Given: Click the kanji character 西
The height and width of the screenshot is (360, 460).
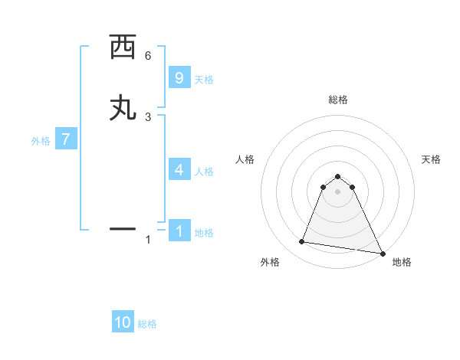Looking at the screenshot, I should [123, 48].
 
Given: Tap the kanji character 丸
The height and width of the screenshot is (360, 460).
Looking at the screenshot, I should [123, 108].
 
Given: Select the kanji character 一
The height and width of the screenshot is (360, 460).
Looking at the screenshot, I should [123, 228].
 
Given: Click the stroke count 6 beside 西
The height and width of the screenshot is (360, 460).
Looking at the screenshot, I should [148, 56].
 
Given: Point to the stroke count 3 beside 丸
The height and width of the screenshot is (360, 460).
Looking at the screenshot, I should [148, 116].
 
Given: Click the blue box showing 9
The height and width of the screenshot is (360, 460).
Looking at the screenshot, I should [179, 78].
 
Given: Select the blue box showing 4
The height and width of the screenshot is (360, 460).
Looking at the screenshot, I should [179, 170].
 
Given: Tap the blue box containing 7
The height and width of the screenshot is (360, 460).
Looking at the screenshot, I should [66, 140].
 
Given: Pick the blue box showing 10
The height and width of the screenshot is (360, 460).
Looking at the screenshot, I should [123, 322].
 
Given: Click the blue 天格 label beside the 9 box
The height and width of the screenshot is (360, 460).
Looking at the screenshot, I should [204, 80].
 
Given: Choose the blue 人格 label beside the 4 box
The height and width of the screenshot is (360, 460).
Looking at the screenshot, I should [204, 172].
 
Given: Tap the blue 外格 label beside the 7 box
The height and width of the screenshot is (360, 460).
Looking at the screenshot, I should [40, 141].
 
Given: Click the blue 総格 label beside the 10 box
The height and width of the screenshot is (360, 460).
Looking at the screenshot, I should [147, 324].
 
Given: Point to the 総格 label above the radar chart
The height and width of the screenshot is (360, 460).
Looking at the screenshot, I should [337, 100].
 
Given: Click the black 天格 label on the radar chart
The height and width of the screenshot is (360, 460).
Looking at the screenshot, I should [431, 159].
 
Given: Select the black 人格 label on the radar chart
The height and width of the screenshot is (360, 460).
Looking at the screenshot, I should [245, 159].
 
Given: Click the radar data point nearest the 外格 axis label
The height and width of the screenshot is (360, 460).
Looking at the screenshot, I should [302, 242].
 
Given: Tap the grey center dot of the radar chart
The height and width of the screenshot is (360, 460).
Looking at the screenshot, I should [337, 191].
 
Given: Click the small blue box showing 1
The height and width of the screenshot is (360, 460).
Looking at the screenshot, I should [179, 231].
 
